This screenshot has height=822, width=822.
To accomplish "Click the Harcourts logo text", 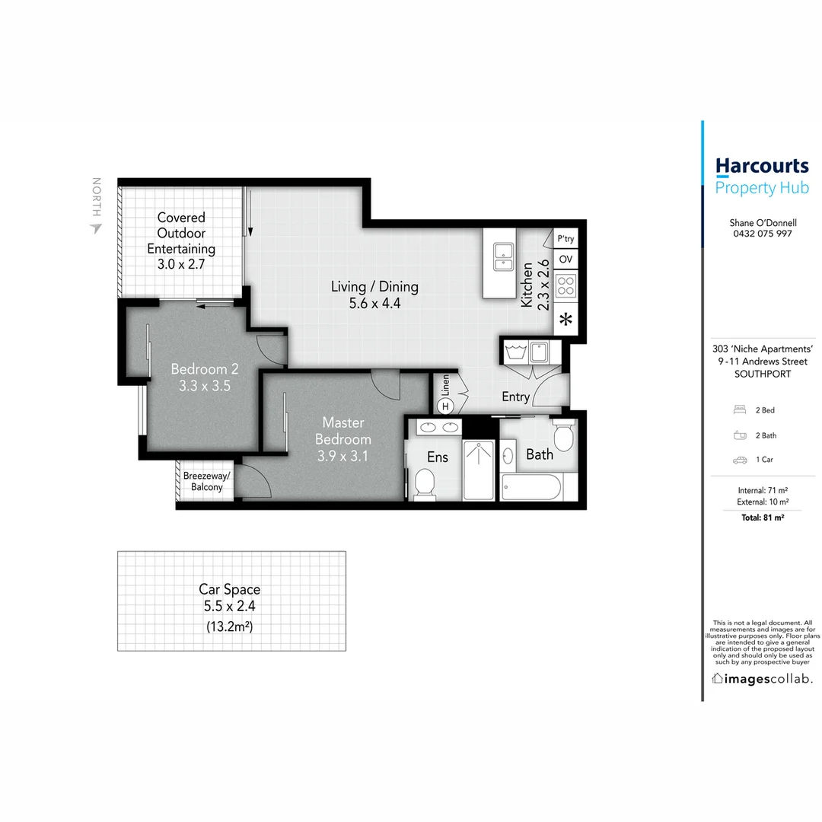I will (x=761, y=166).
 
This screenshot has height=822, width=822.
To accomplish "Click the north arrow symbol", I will (x=95, y=228).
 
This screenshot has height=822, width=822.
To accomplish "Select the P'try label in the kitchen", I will (x=566, y=239).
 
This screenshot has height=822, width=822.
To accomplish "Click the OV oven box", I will (x=566, y=260).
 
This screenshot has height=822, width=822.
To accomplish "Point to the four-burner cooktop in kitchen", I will (x=566, y=286).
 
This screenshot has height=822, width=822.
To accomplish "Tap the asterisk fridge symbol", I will (x=566, y=320).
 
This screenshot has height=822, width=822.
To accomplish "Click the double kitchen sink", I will (x=502, y=256).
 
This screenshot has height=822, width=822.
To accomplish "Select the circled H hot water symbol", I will (x=446, y=406).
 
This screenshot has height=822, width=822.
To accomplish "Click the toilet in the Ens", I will (x=424, y=483).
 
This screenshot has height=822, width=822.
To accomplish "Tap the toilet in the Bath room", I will (x=564, y=437).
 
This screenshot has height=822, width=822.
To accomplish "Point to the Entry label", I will (x=515, y=397).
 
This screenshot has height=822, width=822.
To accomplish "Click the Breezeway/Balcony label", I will (x=203, y=481).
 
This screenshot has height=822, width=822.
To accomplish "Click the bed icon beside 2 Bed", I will (x=738, y=410).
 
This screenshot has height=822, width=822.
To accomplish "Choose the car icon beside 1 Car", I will (x=738, y=460).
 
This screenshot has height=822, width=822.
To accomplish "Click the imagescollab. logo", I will (x=761, y=678).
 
